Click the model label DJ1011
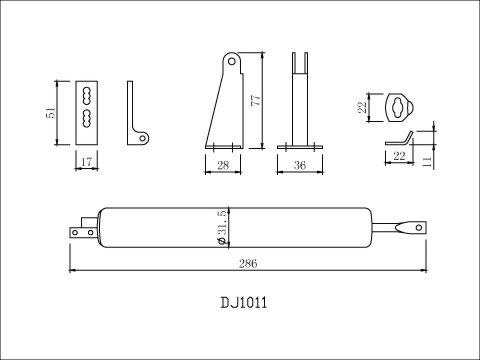point(241,301)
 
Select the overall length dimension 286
point(249,263)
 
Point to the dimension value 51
point(51,114)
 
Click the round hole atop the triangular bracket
point(233,62)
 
